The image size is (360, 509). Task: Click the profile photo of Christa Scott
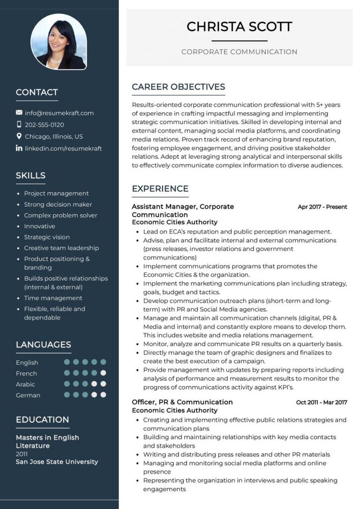[x=59, y=42]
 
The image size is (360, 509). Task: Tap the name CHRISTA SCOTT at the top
[x=239, y=26]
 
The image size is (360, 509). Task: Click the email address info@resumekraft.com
[x=59, y=113]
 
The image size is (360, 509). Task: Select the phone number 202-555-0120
[x=44, y=125]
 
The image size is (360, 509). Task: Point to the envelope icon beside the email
[x=19, y=113]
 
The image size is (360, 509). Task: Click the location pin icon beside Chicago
[x=19, y=136]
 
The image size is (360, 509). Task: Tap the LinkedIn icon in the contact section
[x=19, y=148]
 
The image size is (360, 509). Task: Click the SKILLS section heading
[x=30, y=175]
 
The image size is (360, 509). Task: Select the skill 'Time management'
[x=53, y=298]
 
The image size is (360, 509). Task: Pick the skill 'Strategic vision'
[x=47, y=237]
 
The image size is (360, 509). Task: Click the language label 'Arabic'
[x=25, y=384]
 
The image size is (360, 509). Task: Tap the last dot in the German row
[x=103, y=395]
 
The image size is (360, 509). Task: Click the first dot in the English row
[x=67, y=362]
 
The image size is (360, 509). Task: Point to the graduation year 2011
[x=22, y=454]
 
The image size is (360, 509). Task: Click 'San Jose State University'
[x=57, y=462]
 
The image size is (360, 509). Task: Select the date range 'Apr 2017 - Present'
[x=322, y=207]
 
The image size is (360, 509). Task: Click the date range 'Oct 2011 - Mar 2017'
[x=321, y=402]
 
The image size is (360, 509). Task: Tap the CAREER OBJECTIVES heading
[x=178, y=87]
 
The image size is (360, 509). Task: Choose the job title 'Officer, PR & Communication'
[x=182, y=402]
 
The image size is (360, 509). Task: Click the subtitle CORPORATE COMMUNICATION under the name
[x=239, y=52]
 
